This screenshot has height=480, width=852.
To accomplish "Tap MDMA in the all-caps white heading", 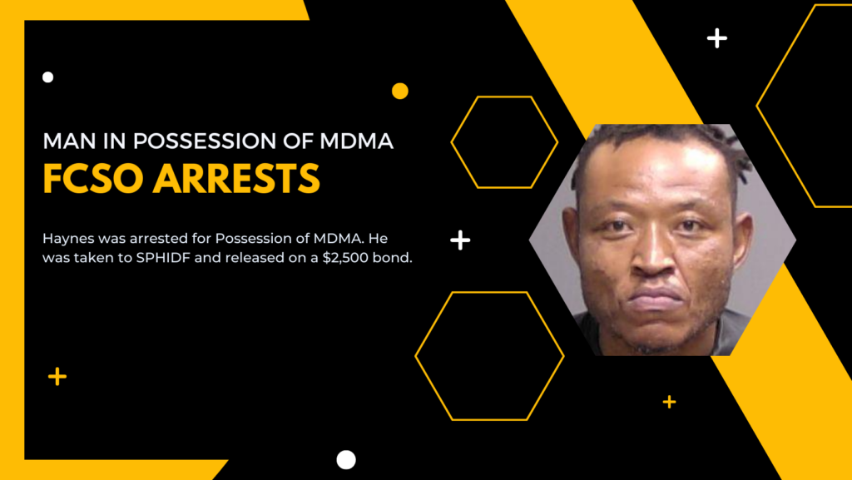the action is click(356, 141).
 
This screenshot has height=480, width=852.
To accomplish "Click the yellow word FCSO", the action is click(93, 179).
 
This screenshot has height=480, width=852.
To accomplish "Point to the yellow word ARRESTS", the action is click(237, 179).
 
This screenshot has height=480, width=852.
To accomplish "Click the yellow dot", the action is click(400, 92).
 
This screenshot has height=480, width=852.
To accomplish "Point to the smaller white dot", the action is click(47, 77).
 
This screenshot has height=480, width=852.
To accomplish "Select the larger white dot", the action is click(346, 460).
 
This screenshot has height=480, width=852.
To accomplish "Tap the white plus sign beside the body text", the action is click(460, 240).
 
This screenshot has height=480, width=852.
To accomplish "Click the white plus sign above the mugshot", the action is click(717, 38).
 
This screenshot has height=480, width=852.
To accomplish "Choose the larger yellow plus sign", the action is click(57, 376).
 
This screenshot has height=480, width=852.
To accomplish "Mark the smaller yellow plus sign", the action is click(670, 402).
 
